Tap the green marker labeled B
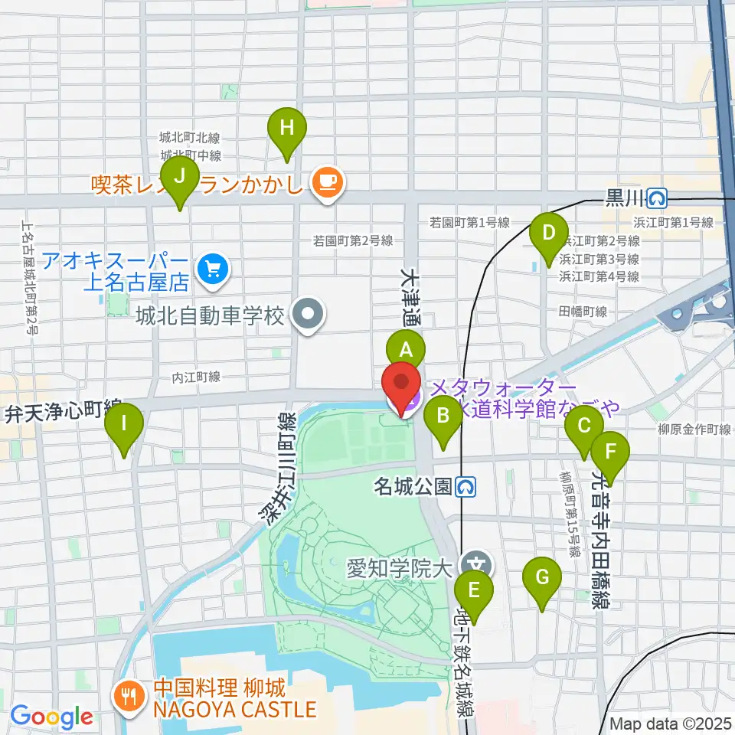click(x=443, y=416)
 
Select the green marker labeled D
click(x=549, y=232)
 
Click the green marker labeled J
click(x=180, y=177)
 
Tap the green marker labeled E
click(x=474, y=590)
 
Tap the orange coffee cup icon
click(x=328, y=181)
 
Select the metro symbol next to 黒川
click(x=657, y=199)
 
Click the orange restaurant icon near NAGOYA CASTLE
click(x=127, y=697)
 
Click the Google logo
click(x=51, y=717)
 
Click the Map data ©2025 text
click(x=671, y=724)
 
